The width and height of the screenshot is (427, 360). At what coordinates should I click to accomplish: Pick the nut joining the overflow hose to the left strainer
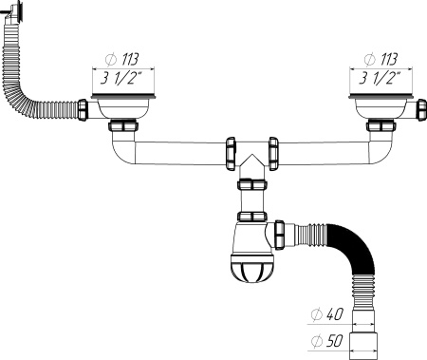coord(84,110)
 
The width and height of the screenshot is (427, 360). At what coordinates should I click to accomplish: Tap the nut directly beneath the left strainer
coord(123,126)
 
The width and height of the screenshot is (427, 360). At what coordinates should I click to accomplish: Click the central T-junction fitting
coord(252,156)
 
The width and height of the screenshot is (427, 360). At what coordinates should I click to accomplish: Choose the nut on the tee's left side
coord(231,152)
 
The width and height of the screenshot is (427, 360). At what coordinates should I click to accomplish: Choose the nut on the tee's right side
coord(274,152)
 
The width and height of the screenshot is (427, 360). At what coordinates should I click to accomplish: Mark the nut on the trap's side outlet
coord(281,231)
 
